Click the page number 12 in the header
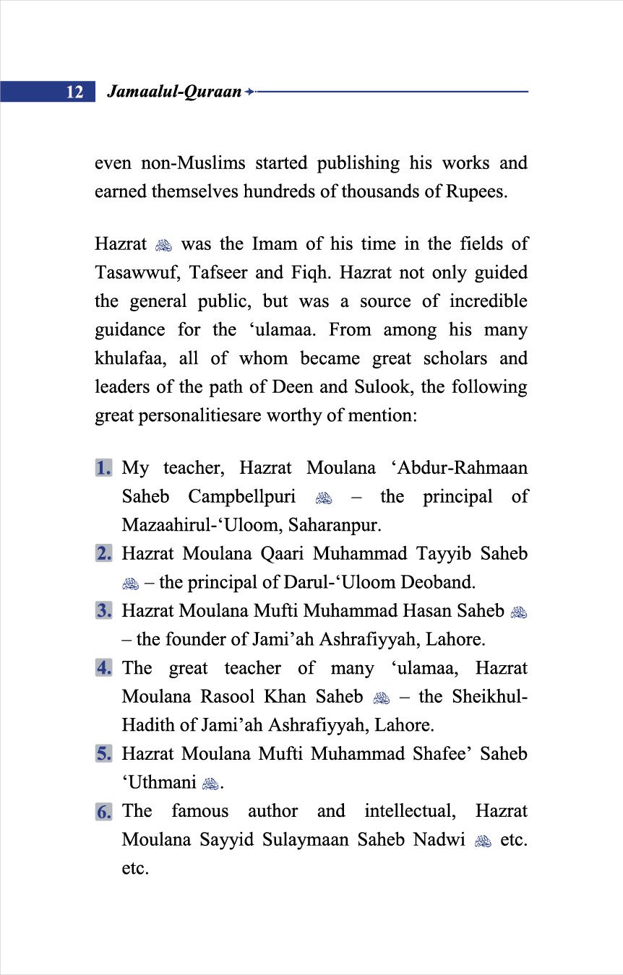pyautogui.click(x=74, y=92)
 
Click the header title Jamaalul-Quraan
pyautogui.click(x=173, y=92)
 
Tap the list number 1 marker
pyautogui.click(x=104, y=468)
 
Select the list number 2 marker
pyautogui.click(x=104, y=554)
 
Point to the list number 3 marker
pyautogui.click(x=104, y=611)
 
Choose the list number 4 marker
pyautogui.click(x=104, y=668)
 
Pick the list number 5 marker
pyautogui.click(x=104, y=754)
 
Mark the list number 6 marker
pyautogui.click(x=104, y=811)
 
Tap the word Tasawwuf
pyautogui.click(x=134, y=273)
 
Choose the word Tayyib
pyautogui.click(x=442, y=554)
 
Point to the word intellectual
pyautogui.click(x=410, y=811)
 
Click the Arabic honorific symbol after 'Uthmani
pyautogui.click(x=209, y=784)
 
